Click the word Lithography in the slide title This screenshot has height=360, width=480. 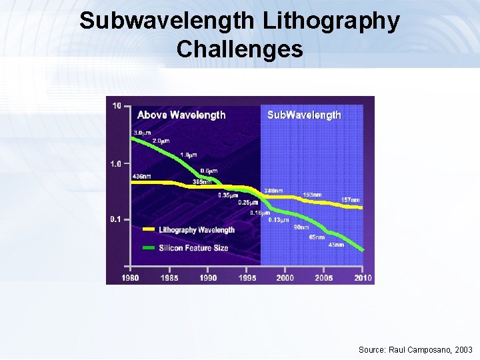[x=329, y=21]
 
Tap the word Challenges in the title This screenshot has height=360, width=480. [x=240, y=49]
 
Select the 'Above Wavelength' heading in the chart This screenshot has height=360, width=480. [x=181, y=115]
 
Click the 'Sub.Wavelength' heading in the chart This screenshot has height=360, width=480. [x=304, y=115]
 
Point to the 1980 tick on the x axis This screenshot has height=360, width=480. [x=130, y=277]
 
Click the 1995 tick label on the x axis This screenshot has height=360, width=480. [x=247, y=277]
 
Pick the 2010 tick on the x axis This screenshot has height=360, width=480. [x=363, y=277]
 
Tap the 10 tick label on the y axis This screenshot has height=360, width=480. [x=117, y=105]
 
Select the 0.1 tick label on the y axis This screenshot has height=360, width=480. [x=116, y=219]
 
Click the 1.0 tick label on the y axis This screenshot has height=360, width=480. [x=116, y=163]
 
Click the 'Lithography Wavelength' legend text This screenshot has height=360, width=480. [x=197, y=230]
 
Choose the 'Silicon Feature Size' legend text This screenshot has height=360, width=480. [x=193, y=248]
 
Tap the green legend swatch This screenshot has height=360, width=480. [x=148, y=248]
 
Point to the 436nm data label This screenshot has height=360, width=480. [x=141, y=176]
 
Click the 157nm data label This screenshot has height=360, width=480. [x=351, y=200]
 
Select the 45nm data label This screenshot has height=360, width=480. [x=336, y=245]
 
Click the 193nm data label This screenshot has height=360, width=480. [x=312, y=195]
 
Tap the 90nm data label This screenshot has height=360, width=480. [x=301, y=227]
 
